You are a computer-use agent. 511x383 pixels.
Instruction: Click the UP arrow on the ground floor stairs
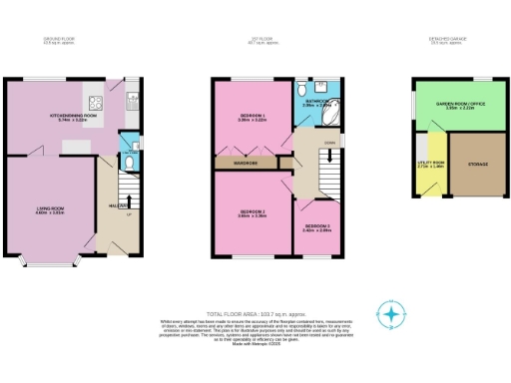click(x=128, y=213)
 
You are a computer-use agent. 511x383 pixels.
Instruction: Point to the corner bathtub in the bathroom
click(x=328, y=112)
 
